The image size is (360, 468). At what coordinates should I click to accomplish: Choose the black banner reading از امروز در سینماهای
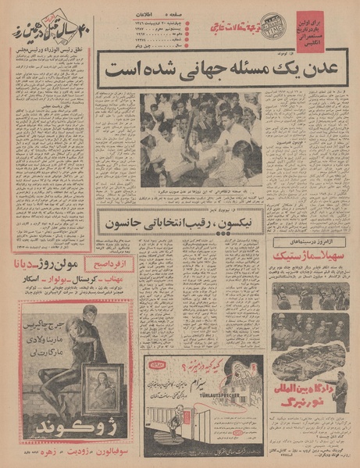[308, 258]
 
